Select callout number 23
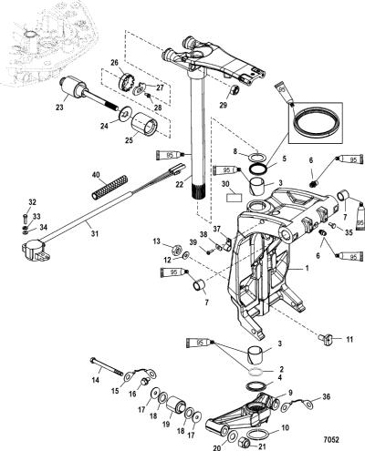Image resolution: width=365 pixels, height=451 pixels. click(x=59, y=107)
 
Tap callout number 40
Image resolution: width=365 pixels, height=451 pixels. click(x=96, y=175)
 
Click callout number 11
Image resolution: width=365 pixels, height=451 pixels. click(x=349, y=339)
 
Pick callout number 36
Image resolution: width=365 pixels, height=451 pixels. click(x=325, y=396)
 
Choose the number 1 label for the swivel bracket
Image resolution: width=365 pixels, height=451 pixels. click(x=307, y=268)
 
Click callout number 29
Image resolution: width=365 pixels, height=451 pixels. click(x=224, y=106)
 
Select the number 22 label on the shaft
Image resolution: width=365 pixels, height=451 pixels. click(x=180, y=184)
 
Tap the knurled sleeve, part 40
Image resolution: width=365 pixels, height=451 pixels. click(x=109, y=187)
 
